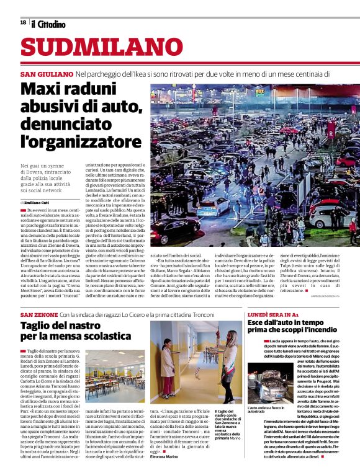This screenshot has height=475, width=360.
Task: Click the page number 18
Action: point(23,23)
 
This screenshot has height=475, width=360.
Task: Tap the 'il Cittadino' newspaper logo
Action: point(48,24)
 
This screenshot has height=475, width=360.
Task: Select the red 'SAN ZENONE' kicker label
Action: point(39,315)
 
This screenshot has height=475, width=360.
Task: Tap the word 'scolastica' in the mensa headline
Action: point(103,337)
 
